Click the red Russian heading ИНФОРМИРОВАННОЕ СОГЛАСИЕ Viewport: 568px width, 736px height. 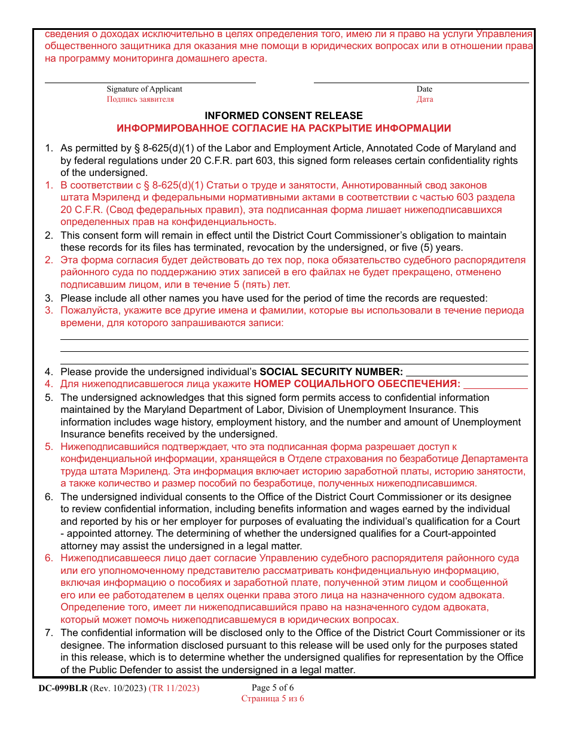tap(283, 128)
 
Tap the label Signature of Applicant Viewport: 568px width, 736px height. tap(144, 89)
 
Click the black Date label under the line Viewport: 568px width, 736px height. tap(425, 89)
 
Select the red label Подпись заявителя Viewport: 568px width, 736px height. tap(140, 99)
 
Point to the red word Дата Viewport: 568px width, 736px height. tap(425, 99)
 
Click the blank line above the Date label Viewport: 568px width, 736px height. tap(421, 82)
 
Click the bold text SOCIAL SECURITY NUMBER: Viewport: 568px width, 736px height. tap(331, 372)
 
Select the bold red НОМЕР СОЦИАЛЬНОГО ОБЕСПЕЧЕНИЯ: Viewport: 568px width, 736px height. tap(357, 384)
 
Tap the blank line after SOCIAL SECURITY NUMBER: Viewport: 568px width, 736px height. tap(466, 375)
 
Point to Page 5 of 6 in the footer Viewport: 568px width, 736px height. tap(273, 688)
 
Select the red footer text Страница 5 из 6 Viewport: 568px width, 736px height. tap(273, 698)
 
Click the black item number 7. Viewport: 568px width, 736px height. tap(48, 633)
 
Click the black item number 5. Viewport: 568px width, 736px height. tap(48, 397)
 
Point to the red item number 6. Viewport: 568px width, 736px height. tap(48, 558)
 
